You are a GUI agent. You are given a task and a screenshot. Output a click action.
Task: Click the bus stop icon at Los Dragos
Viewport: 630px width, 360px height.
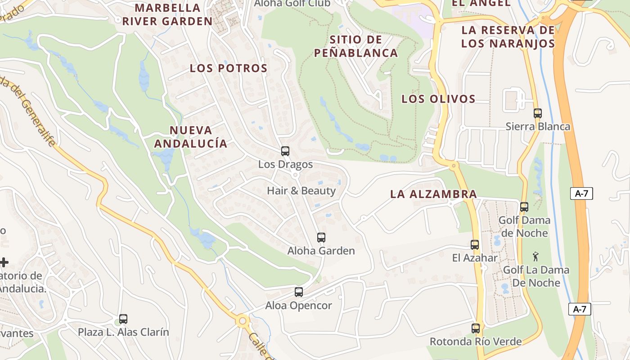(285, 151)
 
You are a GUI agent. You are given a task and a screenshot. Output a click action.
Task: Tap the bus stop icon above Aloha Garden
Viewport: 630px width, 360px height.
(321, 238)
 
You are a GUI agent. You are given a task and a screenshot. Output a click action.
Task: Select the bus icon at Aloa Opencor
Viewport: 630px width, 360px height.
(298, 292)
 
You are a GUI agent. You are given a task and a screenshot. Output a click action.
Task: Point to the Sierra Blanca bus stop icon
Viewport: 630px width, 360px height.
(538, 113)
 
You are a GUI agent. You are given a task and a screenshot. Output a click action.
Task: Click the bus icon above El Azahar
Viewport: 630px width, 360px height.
(475, 245)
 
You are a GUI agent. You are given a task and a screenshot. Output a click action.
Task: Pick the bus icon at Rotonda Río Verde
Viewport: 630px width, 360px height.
(476, 328)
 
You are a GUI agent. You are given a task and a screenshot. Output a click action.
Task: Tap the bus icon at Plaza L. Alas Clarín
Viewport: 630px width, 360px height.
(123, 319)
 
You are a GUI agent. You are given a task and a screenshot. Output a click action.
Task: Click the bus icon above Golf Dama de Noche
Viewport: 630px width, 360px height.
(524, 207)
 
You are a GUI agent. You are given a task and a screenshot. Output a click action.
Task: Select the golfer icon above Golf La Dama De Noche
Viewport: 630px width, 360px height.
(535, 257)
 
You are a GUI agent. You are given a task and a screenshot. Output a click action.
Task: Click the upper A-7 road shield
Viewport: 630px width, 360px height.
(581, 194)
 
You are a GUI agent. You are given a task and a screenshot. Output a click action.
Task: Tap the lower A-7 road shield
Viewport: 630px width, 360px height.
(580, 310)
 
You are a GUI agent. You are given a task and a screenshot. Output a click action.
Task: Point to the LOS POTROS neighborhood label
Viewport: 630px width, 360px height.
(229, 68)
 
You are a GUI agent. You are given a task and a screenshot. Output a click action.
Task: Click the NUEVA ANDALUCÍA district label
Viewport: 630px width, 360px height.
(191, 137)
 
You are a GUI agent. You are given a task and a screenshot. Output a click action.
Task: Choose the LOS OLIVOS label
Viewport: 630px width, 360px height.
(438, 99)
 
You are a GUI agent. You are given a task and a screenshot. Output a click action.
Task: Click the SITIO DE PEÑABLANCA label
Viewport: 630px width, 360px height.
(356, 46)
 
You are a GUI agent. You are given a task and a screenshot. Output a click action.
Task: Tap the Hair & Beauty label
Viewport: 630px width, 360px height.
(301, 191)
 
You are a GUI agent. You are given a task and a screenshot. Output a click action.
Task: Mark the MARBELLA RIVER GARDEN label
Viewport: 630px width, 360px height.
(167, 14)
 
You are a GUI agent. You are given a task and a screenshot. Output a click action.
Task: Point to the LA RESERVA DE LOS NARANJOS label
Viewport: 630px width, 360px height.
(508, 37)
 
